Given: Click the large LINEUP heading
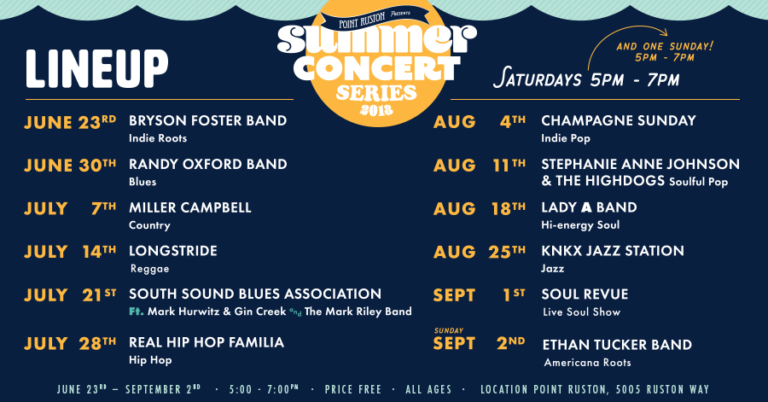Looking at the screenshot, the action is [97, 69].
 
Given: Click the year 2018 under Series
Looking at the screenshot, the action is [376, 110].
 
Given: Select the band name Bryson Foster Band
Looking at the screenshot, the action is [207, 120].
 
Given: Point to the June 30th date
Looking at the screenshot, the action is [70, 166].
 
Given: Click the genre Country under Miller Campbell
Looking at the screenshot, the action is [150, 225].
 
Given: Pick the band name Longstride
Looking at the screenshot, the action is [173, 251].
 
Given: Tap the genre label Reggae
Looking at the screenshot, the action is [150, 269].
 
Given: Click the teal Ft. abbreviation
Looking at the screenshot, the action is [137, 312].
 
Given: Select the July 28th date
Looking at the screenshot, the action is [70, 344].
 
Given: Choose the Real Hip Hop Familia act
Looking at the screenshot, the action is [207, 342].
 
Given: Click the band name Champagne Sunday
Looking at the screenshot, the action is [619, 120].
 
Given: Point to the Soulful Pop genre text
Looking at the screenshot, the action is [698, 182].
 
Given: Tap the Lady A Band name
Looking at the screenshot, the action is [589, 207].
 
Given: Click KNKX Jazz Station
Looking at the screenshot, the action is [613, 251].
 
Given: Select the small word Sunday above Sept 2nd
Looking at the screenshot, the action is [449, 330].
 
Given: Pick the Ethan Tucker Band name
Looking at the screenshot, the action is [617, 345].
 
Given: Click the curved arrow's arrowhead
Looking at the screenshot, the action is [663, 32].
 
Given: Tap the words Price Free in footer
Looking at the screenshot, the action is [352, 390].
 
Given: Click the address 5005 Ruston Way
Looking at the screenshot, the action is [662, 390].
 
